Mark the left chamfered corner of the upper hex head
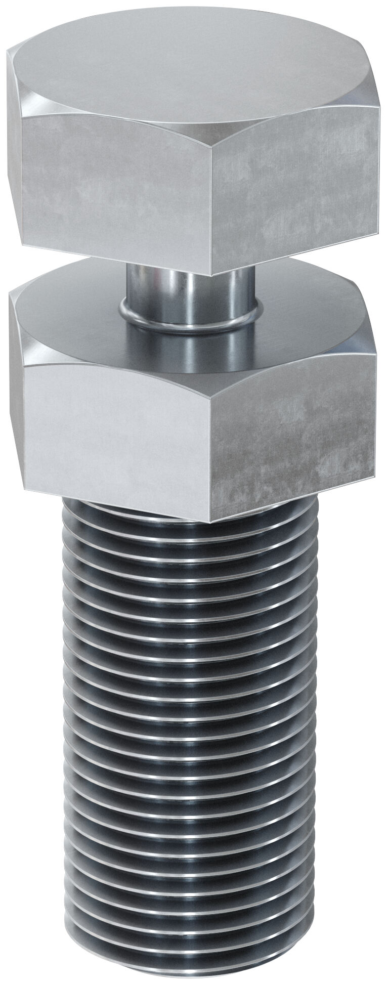click(15, 91)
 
